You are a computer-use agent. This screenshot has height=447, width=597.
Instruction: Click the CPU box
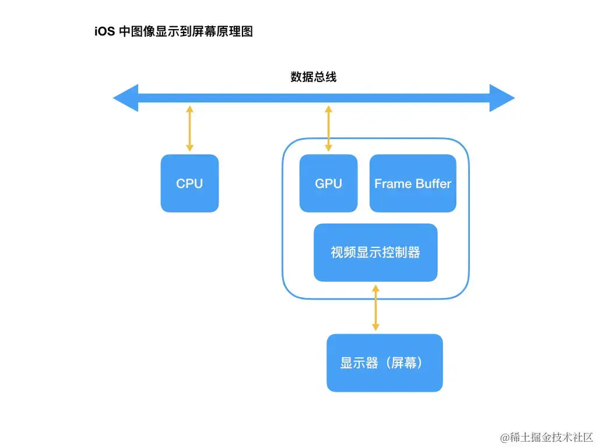pos(189,183)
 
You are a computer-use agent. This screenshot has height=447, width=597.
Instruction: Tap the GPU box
pos(328,183)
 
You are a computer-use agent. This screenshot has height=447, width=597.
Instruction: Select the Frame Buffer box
pos(413,183)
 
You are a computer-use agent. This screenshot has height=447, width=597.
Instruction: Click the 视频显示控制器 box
pos(375,253)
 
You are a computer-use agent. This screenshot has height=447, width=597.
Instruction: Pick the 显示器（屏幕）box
pos(384,363)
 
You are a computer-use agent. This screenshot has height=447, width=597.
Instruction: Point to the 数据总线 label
pos(313,77)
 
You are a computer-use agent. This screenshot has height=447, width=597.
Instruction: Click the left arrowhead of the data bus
pos(125,98)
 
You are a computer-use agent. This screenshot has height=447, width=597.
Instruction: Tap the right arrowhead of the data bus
pos(502,98)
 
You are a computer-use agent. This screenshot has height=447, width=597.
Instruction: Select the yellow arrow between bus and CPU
pos(189,129)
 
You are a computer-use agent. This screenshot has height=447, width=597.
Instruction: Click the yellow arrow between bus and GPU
pos(328,129)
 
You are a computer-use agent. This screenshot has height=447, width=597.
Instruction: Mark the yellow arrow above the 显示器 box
pos(375,308)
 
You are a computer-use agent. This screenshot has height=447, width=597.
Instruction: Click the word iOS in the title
pos(104,32)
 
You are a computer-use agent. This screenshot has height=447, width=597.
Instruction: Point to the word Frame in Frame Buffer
pos(392,183)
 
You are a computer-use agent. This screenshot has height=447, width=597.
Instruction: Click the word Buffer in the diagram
pos(433,183)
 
